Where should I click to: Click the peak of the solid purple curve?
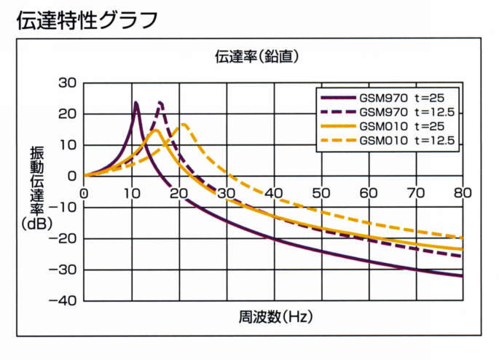point(136,103)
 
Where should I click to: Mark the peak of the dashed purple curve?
point(160,103)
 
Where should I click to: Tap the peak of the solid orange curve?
point(155,130)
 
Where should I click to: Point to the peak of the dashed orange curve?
point(184,124)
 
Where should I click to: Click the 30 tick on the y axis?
point(66,82)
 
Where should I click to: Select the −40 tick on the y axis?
point(63,300)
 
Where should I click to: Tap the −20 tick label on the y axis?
point(63,238)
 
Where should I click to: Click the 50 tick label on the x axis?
point(321,192)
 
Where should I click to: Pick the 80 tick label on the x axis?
point(463,192)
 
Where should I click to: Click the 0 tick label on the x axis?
point(84,192)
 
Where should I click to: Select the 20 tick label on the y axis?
point(66,114)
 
